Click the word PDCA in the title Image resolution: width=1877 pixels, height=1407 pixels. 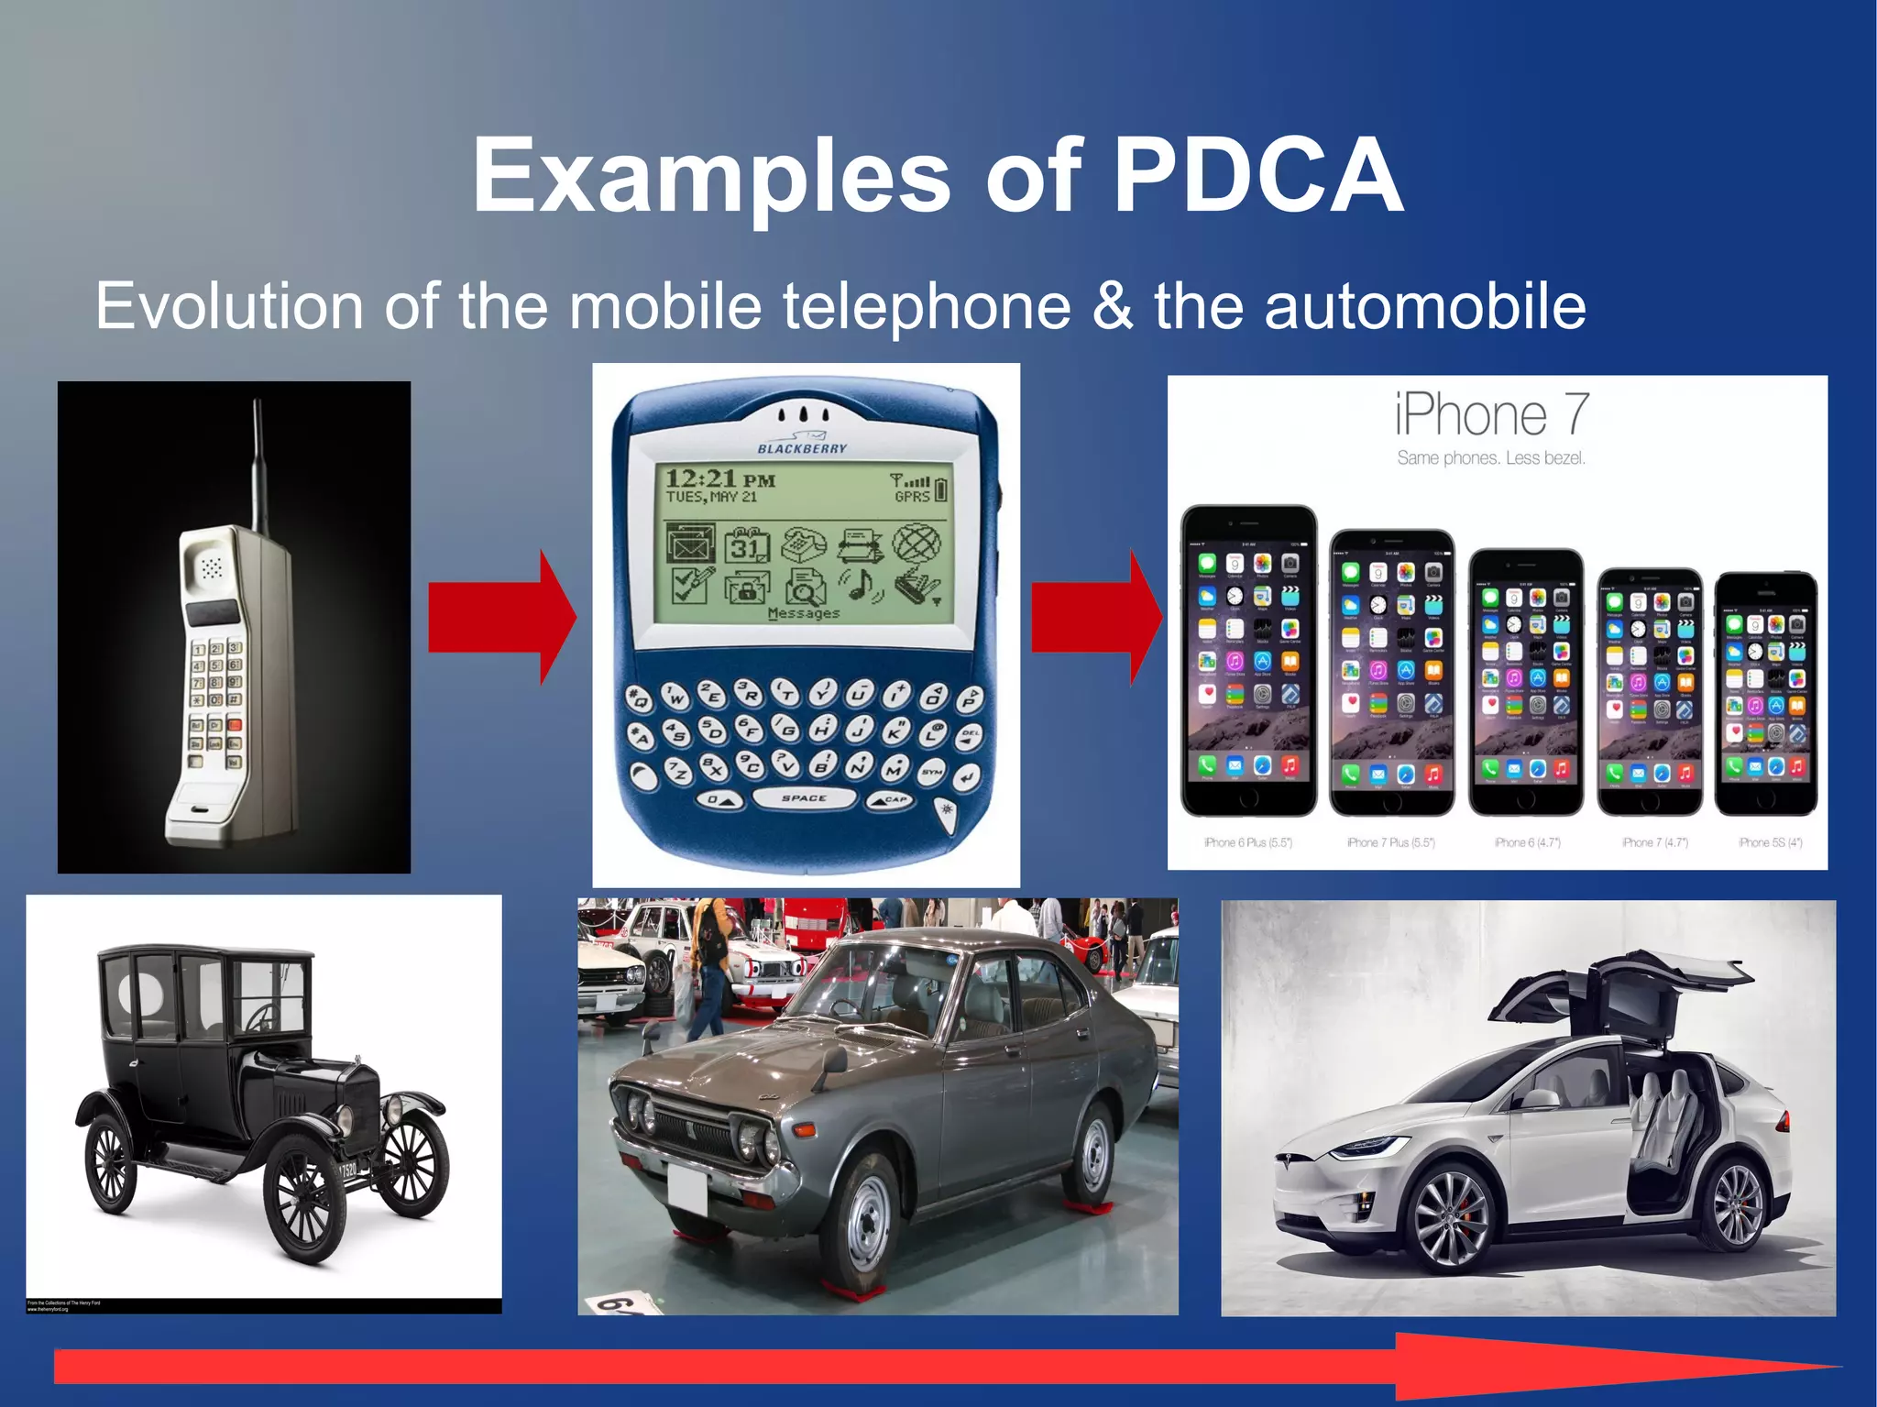click(x=1257, y=175)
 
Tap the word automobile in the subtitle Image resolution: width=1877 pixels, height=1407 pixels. click(x=1425, y=306)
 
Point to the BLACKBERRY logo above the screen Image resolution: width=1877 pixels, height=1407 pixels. click(x=802, y=448)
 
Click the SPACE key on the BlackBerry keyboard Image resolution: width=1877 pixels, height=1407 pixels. click(x=804, y=798)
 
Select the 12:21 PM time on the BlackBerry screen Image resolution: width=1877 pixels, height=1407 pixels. click(x=720, y=479)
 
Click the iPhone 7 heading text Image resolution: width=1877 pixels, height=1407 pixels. click(x=1491, y=414)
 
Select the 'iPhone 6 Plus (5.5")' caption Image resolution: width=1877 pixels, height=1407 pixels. click(x=1247, y=842)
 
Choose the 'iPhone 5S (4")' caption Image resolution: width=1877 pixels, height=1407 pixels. click(x=1770, y=842)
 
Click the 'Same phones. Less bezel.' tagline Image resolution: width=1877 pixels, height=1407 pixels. click(x=1491, y=458)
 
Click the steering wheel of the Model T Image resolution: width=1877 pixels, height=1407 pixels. click(x=265, y=1017)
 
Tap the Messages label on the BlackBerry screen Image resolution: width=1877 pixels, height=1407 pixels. click(x=804, y=613)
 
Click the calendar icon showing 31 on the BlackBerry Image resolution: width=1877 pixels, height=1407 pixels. click(x=747, y=546)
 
